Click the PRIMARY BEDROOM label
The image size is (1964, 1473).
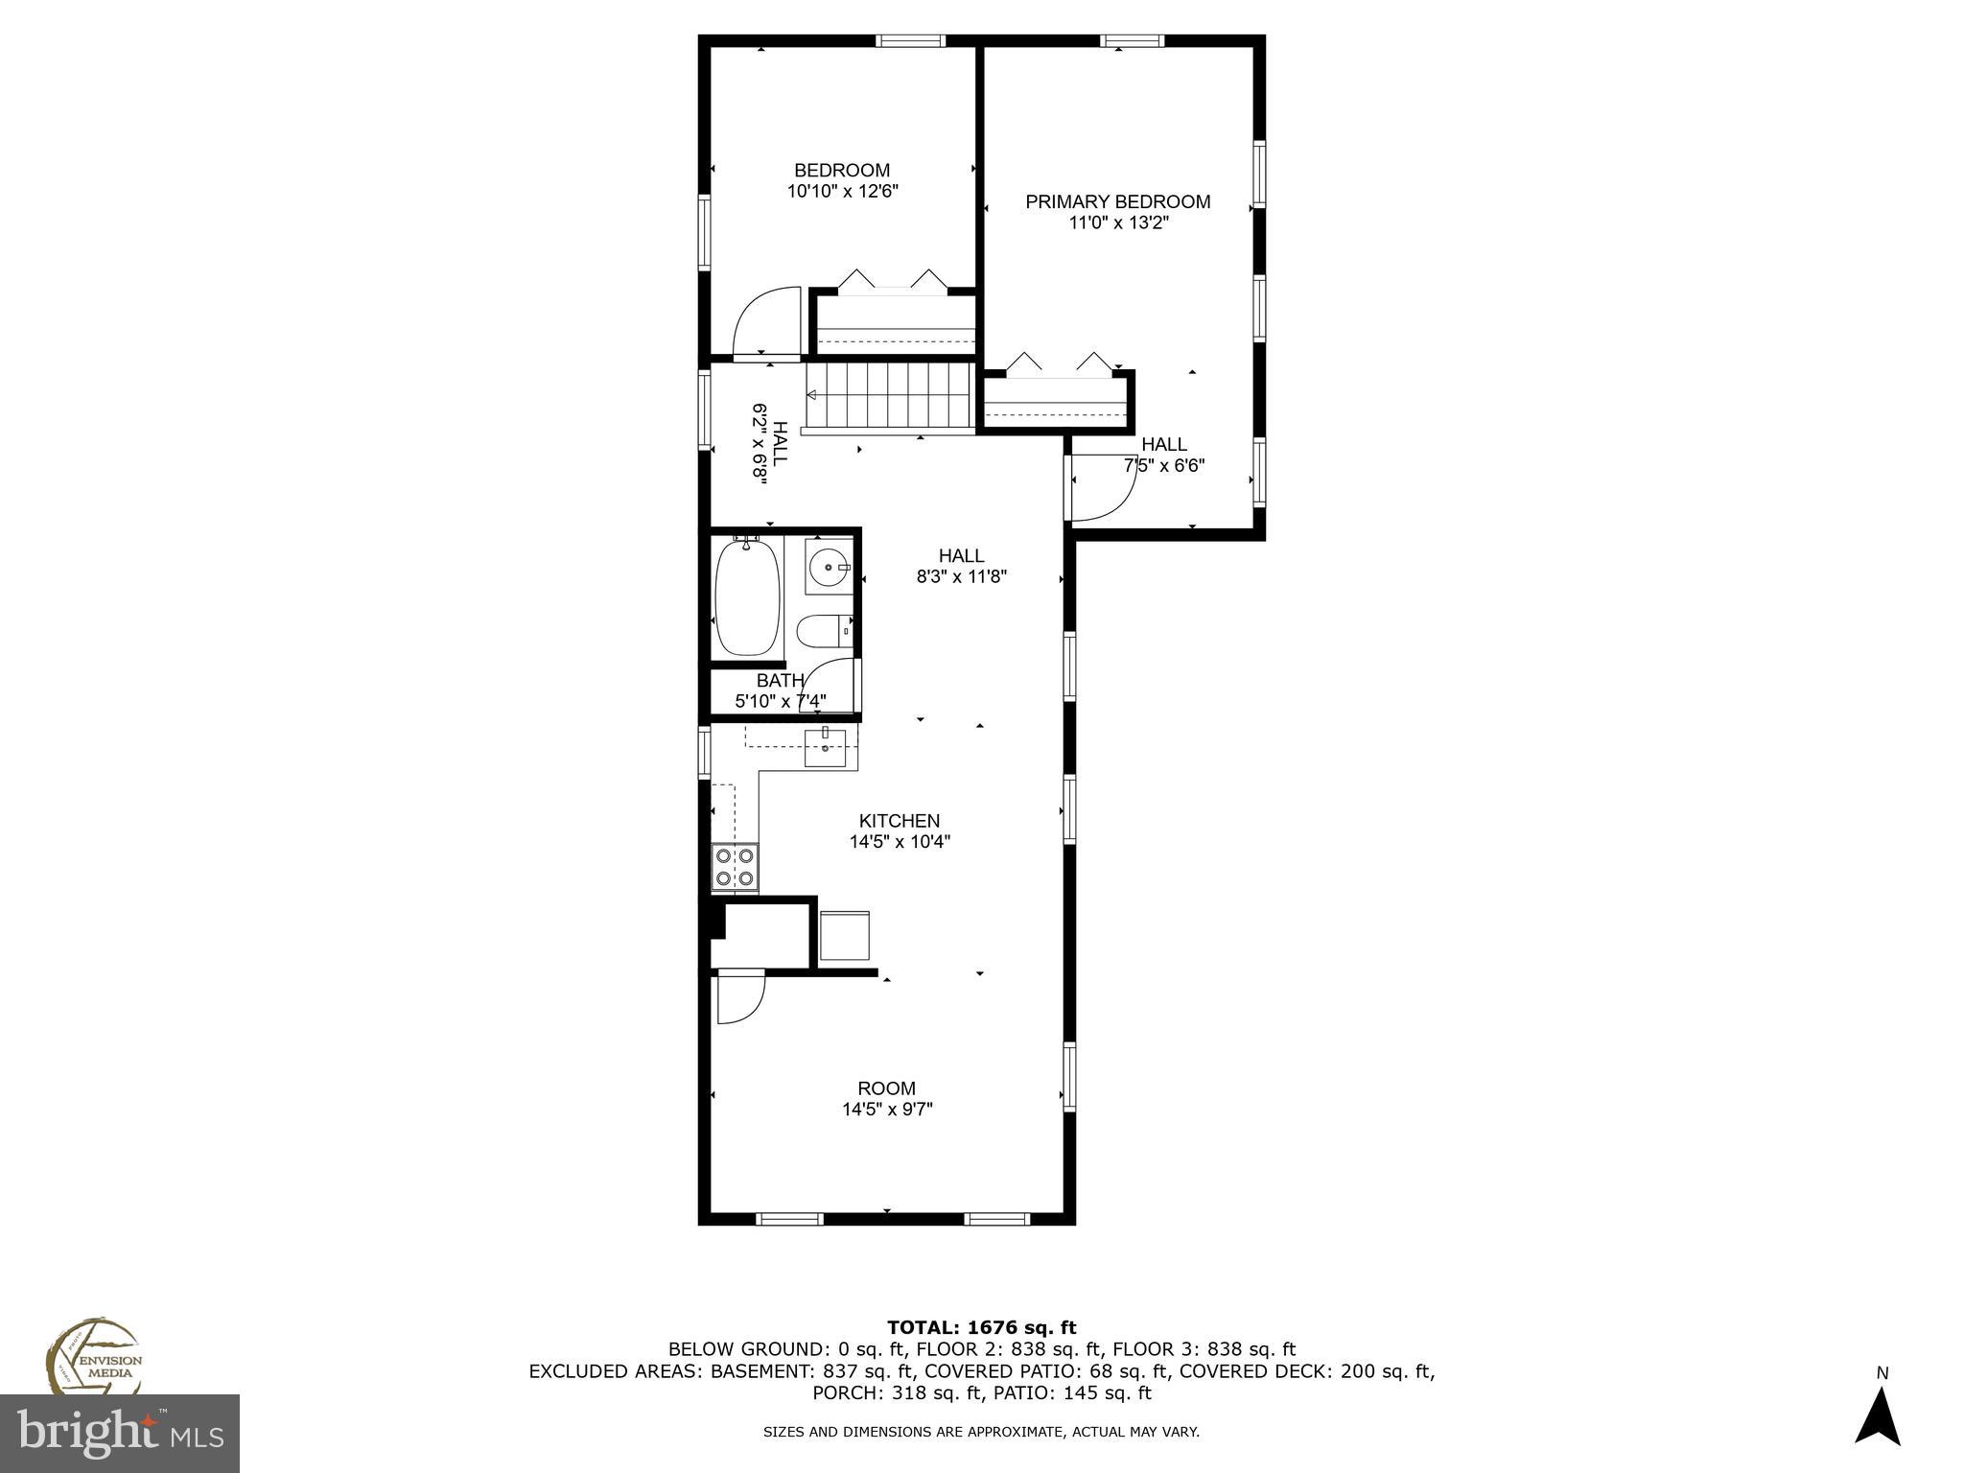[1117, 201]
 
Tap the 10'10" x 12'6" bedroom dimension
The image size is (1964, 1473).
[842, 192]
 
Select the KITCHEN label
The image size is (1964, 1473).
[899, 821]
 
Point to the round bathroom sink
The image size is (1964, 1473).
[827, 568]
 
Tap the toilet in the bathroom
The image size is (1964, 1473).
[820, 632]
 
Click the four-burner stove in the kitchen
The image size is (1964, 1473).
[735, 867]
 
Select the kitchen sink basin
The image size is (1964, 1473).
[826, 748]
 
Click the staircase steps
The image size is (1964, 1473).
[890, 395]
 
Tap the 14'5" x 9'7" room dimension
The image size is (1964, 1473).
[887, 1110]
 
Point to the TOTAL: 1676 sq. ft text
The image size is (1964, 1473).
[981, 1328]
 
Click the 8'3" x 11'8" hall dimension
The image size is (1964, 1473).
[961, 577]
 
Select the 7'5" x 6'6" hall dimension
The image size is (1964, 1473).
[1163, 466]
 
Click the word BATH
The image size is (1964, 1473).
[780, 681]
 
